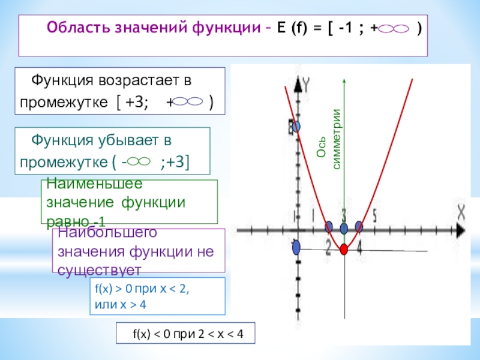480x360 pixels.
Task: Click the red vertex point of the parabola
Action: [344, 249]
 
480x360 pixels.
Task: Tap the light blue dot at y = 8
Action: [295, 127]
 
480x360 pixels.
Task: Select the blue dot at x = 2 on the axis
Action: [329, 227]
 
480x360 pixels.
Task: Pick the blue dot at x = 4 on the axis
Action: [359, 226]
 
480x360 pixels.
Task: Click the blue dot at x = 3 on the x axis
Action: [344, 228]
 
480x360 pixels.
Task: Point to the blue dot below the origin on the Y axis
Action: [296, 248]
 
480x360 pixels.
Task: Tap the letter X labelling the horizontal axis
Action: [461, 211]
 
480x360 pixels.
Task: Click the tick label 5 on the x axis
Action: [374, 214]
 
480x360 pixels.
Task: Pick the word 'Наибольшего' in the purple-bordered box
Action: [99, 232]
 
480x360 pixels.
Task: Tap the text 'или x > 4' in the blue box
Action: [120, 304]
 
